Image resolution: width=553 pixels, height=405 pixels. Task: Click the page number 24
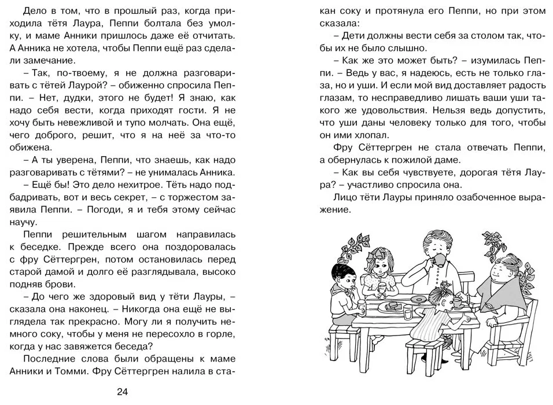(122, 392)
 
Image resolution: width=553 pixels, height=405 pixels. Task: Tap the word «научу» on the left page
(39, 222)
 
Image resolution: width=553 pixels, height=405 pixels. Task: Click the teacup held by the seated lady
(457, 301)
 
